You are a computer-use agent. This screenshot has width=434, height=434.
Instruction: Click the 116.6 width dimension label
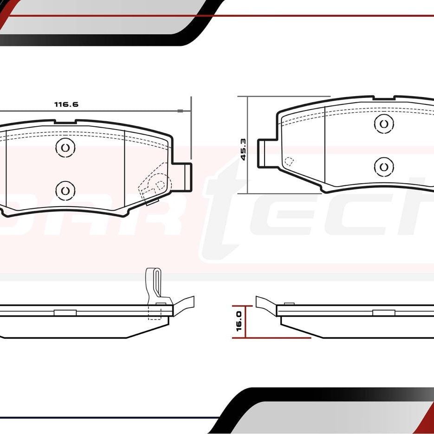point(66,104)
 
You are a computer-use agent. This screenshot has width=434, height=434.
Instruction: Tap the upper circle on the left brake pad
point(65,148)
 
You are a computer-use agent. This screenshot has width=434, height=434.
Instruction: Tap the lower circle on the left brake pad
point(65,189)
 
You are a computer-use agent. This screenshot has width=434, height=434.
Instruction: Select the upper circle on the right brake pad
point(384,124)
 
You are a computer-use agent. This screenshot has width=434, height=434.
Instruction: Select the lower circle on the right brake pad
point(384,166)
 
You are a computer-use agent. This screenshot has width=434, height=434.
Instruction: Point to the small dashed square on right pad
point(289,162)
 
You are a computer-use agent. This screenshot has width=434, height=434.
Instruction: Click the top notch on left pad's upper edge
point(65,121)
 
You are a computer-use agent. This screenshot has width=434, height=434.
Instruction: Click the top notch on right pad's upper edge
point(384,98)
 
